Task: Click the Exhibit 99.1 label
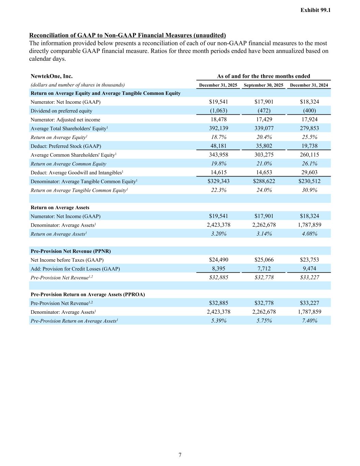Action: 315,10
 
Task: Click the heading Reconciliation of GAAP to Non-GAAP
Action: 127,36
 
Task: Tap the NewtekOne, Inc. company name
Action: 52,76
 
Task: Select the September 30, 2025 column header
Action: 264,85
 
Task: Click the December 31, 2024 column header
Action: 309,85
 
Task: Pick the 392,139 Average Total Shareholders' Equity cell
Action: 218,128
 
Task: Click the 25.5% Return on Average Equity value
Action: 309,137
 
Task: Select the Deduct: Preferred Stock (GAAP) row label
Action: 66,146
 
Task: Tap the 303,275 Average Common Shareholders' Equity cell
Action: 264,155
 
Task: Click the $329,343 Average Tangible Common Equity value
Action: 218,181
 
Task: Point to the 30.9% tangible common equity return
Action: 309,190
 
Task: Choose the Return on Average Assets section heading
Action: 60,208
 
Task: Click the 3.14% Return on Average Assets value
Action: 264,234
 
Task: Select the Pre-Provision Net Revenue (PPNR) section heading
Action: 71,251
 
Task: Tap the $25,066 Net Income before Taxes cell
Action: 264,260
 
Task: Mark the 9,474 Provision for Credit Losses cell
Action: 309,269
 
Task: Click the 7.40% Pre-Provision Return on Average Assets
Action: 309,321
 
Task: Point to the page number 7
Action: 180,455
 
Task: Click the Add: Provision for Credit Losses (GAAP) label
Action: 75,269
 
